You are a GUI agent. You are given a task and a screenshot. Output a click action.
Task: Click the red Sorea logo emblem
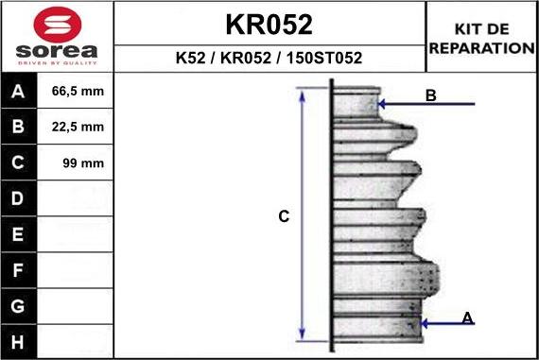click(58, 25)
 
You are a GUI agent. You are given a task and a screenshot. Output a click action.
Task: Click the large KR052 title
click(269, 25)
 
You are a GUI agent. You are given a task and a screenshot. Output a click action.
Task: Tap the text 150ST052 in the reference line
click(324, 58)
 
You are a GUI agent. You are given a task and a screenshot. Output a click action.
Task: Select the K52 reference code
click(190, 58)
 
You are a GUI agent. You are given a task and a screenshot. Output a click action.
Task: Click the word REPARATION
click(482, 48)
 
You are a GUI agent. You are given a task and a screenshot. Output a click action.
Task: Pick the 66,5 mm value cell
click(78, 91)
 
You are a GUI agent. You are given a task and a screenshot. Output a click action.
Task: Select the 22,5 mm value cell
click(78, 127)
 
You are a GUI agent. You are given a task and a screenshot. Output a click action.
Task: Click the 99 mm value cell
click(83, 163)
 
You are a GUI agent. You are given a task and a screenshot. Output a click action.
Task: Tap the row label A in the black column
click(18, 92)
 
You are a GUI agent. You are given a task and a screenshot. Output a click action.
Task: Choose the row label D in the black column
click(18, 198)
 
